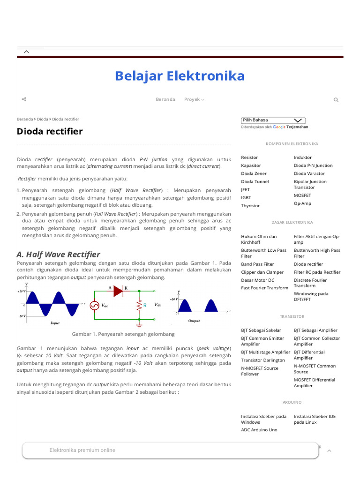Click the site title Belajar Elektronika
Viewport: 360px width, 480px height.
pyautogui.click(x=180, y=76)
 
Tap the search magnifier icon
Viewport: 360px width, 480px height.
pyautogui.click(x=336, y=100)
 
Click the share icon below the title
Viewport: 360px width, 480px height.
pyautogui.click(x=24, y=99)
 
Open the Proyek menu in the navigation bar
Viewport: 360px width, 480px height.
pyautogui.click(x=194, y=99)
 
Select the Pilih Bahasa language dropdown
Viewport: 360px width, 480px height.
pyautogui.click(x=273, y=120)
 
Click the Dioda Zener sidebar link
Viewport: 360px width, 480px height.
pyautogui.click(x=254, y=173)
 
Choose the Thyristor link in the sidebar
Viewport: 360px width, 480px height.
pyautogui.click(x=250, y=206)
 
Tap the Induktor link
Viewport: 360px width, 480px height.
pyautogui.click(x=302, y=157)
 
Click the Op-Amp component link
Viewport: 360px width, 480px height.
pyautogui.click(x=302, y=203)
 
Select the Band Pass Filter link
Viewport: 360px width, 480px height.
pyautogui.click(x=257, y=264)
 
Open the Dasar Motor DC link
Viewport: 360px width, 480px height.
pyautogui.click(x=257, y=280)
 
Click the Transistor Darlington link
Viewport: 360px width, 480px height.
pyautogui.click(x=262, y=360)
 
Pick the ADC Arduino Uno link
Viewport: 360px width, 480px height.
pyautogui.click(x=259, y=430)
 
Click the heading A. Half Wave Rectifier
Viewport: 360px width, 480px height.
pyautogui.click(x=58, y=255)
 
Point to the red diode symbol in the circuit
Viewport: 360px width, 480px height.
pyautogui.click(x=118, y=292)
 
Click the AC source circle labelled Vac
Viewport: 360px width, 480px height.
pyautogui.click(x=94, y=306)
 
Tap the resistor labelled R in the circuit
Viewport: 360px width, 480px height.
pyautogui.click(x=139, y=305)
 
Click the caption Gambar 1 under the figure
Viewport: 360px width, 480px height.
pyautogui.click(x=123, y=334)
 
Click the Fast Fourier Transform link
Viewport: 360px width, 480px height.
pyautogui.click(x=264, y=288)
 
